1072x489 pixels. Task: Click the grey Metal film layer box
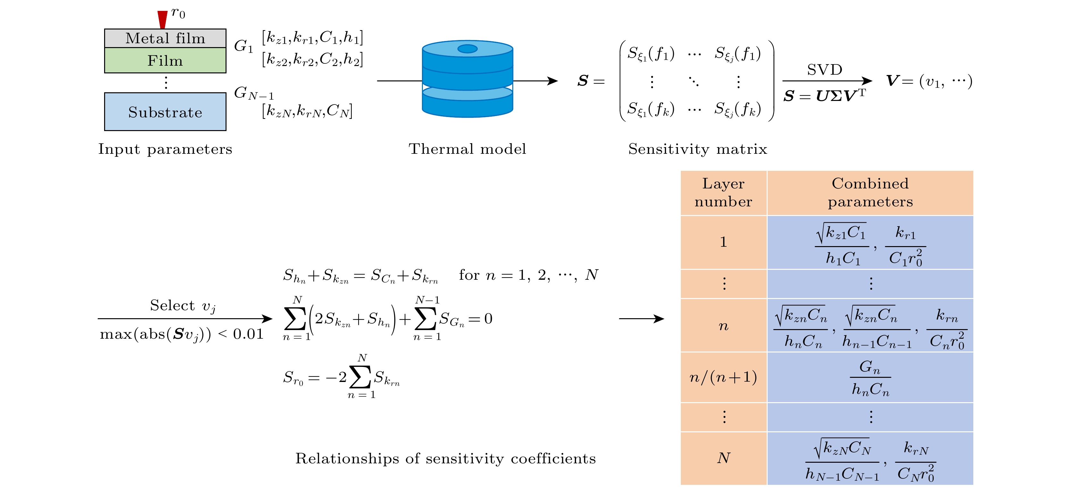(x=165, y=38)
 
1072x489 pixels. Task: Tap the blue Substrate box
(x=165, y=112)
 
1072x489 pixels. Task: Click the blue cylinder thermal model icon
(x=467, y=79)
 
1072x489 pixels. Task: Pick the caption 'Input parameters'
(x=165, y=149)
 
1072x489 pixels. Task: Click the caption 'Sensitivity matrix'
(x=697, y=149)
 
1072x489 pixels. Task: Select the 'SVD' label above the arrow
(x=824, y=70)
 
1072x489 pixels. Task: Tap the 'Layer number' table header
(x=723, y=193)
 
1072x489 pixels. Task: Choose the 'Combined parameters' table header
(x=870, y=193)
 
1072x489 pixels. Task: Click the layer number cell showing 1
(x=723, y=242)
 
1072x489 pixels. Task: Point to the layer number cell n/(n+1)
(x=723, y=377)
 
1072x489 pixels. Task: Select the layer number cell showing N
(x=723, y=458)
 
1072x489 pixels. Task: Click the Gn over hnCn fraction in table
(x=870, y=377)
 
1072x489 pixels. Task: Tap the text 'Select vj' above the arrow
(x=183, y=306)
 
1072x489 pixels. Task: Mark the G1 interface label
(x=243, y=46)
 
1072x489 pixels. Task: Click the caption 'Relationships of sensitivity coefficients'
(x=445, y=459)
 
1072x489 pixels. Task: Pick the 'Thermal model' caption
(x=467, y=149)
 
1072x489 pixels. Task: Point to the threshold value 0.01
(x=248, y=334)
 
